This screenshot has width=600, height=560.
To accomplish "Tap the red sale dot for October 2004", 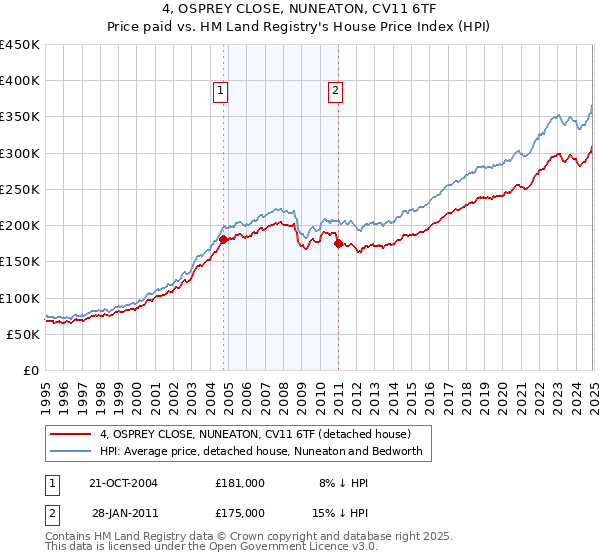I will (x=223, y=238).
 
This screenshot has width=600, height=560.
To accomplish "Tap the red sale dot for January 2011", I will (x=338, y=243).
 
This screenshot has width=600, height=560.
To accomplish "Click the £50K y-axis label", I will (x=24, y=334).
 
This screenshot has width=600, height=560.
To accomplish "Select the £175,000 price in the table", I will (x=240, y=513).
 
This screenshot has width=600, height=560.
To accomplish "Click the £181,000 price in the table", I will (x=240, y=483).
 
